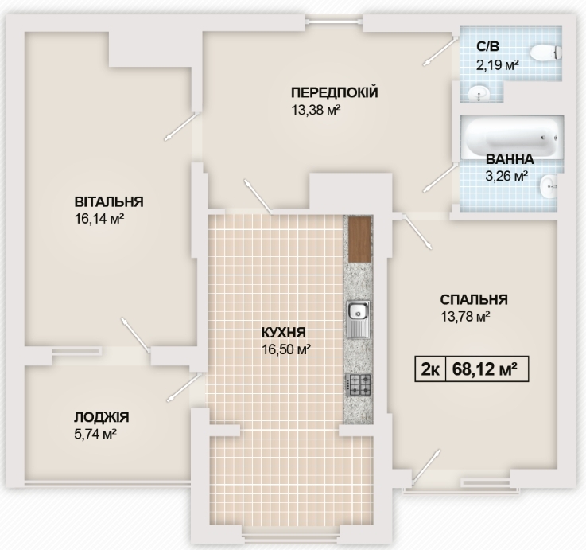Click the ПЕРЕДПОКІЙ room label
click(x=334, y=93)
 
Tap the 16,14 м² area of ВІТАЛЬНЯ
click(x=99, y=217)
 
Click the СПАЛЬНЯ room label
click(x=474, y=300)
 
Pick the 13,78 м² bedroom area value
click(x=465, y=317)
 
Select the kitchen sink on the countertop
click(x=357, y=318)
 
